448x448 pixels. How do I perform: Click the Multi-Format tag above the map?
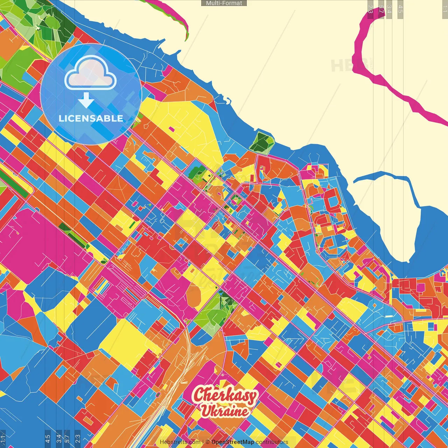(224, 3)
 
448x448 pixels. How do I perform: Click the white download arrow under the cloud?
(86, 100)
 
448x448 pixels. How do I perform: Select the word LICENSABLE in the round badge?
(91, 118)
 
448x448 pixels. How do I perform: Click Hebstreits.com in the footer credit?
(180, 442)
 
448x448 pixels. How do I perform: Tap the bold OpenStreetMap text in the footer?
(232, 442)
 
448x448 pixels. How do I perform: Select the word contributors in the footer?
(272, 442)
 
